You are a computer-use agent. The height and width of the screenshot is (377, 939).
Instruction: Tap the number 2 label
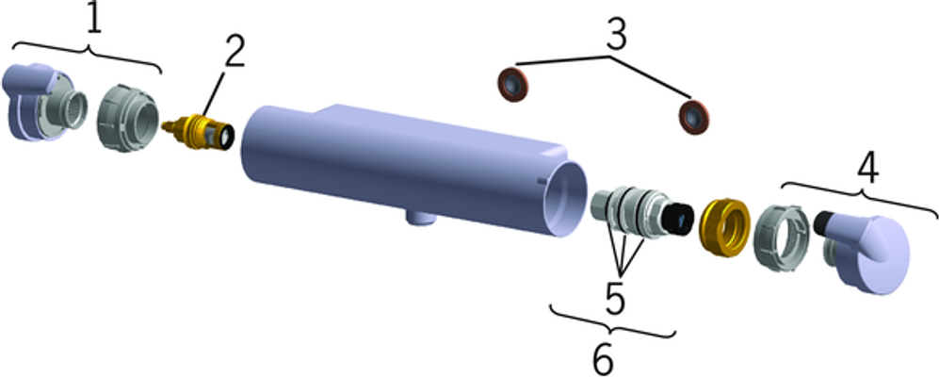234,52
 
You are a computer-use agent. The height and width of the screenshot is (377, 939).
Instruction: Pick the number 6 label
602,359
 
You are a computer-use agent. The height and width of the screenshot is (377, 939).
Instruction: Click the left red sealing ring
513,85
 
